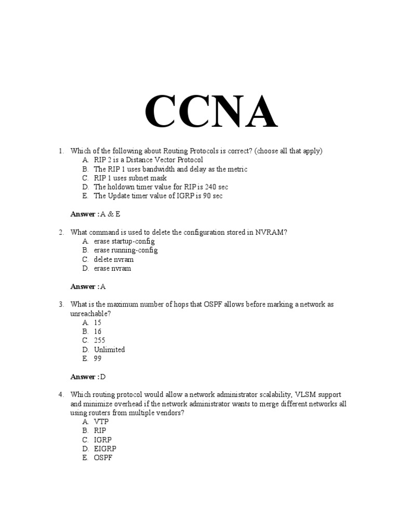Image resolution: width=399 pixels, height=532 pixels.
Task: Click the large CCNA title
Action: [x=210, y=112]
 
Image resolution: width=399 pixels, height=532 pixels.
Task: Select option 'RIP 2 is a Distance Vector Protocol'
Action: [x=148, y=160]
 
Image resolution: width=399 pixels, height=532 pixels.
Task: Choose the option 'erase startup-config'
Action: [x=124, y=242]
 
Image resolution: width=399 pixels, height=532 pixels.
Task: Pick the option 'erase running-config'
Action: [x=126, y=250]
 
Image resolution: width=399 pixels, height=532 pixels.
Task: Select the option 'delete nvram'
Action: [x=113, y=259]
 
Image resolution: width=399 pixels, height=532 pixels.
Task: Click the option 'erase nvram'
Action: [x=112, y=269]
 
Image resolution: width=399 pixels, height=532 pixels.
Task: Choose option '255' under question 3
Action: [x=99, y=341]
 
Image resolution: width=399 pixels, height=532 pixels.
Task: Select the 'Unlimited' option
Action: [x=109, y=350]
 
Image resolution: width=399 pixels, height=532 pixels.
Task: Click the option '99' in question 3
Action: [x=98, y=359]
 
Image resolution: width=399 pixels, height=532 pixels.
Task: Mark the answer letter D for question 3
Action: [x=102, y=377]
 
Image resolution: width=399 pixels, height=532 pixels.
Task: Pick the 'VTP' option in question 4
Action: [x=101, y=422]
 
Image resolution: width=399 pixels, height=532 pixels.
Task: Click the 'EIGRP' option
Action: [x=105, y=449]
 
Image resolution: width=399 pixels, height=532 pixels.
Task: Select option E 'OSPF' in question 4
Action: [x=103, y=458]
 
